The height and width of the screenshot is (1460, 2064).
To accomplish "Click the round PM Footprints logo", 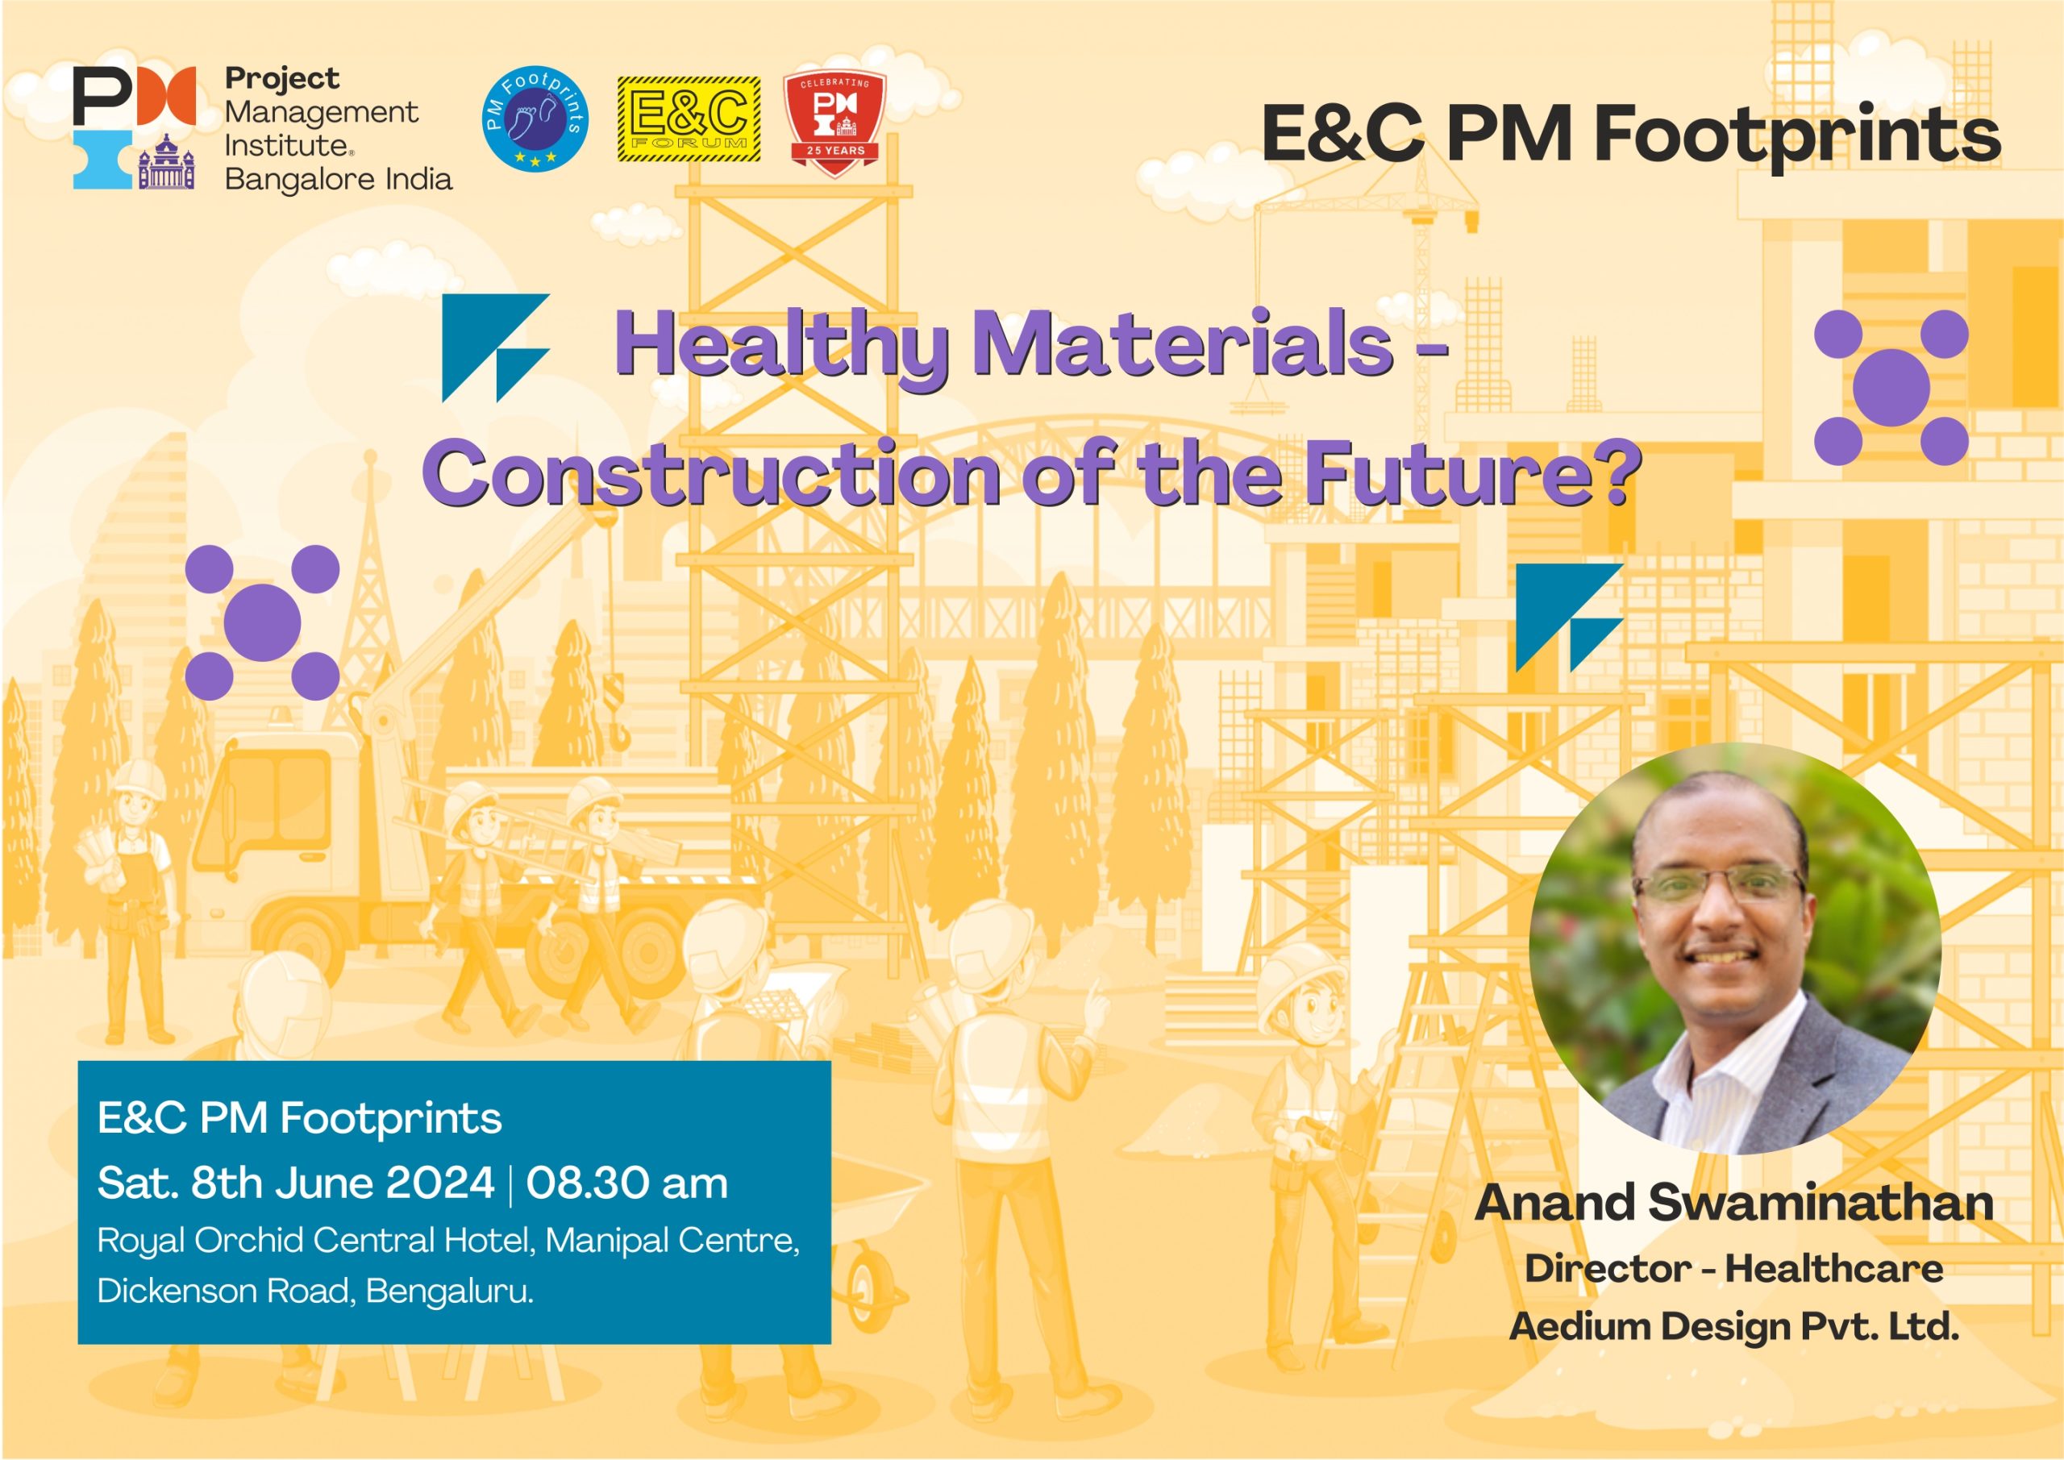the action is point(536,119).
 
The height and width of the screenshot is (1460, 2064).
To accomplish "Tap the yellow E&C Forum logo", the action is point(689,119).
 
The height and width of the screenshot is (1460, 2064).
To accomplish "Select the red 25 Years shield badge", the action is point(835,124).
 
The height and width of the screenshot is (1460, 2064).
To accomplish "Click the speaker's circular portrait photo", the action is point(1735,948).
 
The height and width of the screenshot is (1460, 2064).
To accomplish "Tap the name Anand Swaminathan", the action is point(1734,1202).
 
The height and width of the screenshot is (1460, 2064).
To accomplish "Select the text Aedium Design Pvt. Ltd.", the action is point(1734,1326).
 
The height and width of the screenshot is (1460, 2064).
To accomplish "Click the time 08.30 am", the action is point(626,1183).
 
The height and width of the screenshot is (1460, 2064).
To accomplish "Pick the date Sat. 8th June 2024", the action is point(296,1183).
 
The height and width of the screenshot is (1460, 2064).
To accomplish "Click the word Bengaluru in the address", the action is point(448,1291).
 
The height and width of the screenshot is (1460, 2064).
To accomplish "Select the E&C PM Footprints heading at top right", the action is point(1632,135).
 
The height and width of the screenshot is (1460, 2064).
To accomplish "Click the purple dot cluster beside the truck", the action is point(263,622).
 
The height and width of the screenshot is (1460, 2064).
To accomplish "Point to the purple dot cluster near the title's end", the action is point(1891,388).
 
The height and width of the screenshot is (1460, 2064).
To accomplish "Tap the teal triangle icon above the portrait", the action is point(1570,618).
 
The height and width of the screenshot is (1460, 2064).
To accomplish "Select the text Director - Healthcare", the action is point(1734,1268).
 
